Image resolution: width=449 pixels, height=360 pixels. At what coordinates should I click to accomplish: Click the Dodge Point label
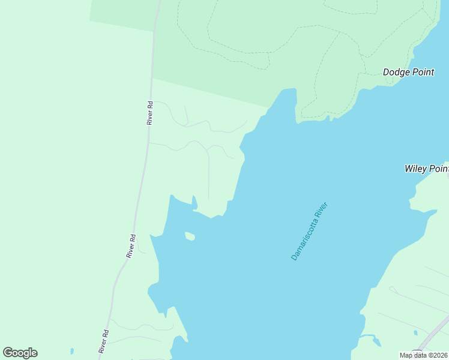point(408,72)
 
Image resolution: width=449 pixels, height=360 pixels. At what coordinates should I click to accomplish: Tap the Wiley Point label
point(426,169)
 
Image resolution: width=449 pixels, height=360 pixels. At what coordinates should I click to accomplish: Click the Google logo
point(20,353)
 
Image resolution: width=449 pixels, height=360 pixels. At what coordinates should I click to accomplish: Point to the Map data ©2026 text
point(423,355)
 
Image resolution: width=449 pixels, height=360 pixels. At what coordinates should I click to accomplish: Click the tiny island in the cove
point(190,236)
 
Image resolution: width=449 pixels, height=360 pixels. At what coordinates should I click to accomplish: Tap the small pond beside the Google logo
point(71,350)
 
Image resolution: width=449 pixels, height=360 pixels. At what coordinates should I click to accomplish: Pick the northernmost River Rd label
point(151,112)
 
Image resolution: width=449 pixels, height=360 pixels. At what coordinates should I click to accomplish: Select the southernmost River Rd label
point(104,341)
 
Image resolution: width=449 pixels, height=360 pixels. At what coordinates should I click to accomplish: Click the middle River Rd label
point(131,246)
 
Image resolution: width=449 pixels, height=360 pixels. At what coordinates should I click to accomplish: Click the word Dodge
point(396,72)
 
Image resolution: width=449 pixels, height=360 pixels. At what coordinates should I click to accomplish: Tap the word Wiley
point(417,169)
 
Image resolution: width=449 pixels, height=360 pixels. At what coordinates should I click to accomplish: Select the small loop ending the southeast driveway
point(393,290)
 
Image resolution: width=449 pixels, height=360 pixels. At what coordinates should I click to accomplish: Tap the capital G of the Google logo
point(8,353)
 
